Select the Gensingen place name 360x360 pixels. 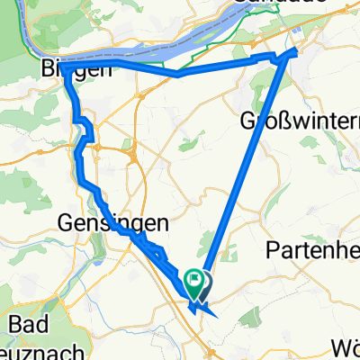click(101, 220)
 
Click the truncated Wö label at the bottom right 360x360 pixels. click(346, 346)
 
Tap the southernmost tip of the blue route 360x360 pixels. click(215, 315)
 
